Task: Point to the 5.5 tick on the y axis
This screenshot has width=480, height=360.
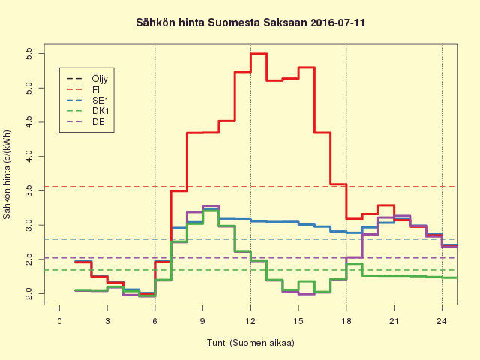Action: (x=28, y=54)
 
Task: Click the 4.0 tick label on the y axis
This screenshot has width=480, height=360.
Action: (x=28, y=156)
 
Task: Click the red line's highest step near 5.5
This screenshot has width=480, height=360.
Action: (x=259, y=54)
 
